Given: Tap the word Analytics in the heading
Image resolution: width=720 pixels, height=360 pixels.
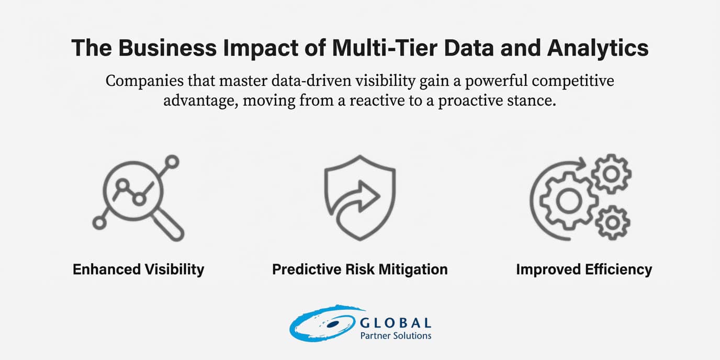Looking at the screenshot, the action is point(598,49).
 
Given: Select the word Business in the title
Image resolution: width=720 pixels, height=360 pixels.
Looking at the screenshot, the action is point(167,48).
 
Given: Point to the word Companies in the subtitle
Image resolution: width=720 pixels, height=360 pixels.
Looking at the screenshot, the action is point(144,81).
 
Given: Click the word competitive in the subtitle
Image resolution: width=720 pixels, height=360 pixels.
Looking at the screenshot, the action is point(573,81).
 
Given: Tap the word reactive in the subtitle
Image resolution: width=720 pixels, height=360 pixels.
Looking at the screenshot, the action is point(377,100).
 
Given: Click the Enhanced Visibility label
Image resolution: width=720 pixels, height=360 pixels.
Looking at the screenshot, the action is point(138,269).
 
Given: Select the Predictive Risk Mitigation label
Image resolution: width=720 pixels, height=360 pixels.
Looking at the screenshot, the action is point(359,269).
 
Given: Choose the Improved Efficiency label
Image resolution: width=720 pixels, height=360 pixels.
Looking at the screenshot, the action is point(584,269).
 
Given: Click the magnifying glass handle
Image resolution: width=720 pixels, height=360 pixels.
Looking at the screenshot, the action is point(168,225).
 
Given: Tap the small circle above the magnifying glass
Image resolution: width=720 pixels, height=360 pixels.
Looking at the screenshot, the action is point(173,162).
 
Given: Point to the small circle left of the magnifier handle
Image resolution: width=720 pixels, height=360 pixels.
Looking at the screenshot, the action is point(99,223).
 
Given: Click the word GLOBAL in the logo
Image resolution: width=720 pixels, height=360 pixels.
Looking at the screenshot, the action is point(396,323).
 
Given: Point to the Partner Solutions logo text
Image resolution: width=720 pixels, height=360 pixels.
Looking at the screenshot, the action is point(396,336).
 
